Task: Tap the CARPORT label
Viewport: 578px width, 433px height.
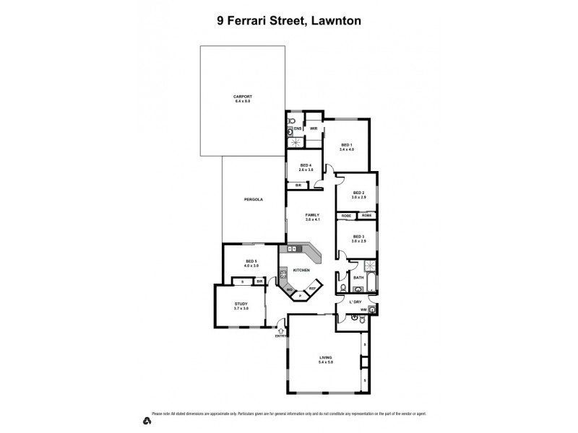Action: click(242, 96)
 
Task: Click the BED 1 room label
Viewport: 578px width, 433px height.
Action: click(347, 144)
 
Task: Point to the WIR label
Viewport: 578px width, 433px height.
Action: click(314, 128)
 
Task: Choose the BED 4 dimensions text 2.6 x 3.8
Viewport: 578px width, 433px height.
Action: click(306, 170)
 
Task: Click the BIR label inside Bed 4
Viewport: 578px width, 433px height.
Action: click(298, 185)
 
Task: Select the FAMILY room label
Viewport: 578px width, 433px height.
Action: click(312, 214)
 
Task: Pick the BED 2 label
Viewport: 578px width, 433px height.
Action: click(358, 193)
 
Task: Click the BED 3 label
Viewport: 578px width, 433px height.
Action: click(358, 236)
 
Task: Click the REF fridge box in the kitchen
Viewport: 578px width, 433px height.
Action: click(312, 288)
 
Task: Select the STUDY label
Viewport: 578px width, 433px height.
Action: click(241, 305)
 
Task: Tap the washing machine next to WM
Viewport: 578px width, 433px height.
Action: click(371, 310)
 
